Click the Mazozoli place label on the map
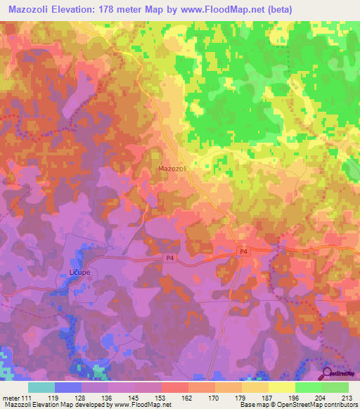pos(172,169)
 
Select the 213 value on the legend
pos(347,398)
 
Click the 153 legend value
pos(161,398)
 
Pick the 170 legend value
pos(214,398)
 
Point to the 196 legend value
pos(295,398)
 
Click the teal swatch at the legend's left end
pos(41,387)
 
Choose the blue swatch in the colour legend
pos(67,387)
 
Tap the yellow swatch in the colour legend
pos(281,387)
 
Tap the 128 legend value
pos(80,398)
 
